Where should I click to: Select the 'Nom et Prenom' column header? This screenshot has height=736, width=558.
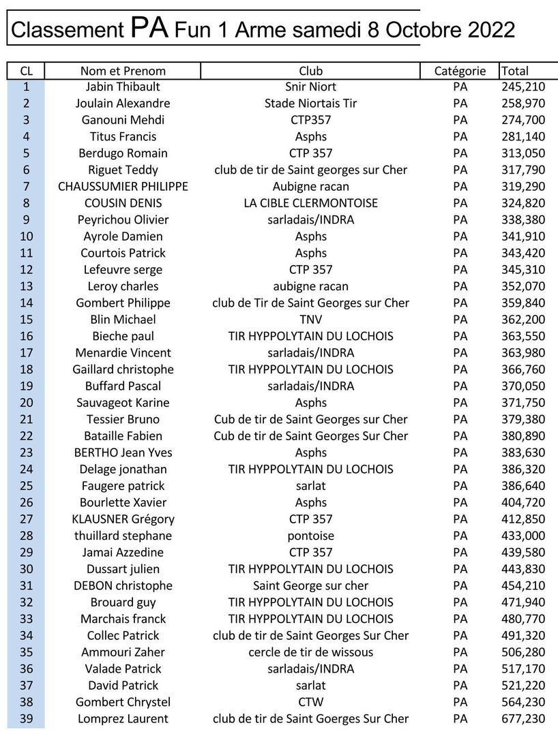tap(123, 71)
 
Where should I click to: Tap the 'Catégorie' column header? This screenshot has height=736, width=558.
tap(460, 71)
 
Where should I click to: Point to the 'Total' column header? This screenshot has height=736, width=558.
tap(515, 71)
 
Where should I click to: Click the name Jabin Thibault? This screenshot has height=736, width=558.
tap(123, 87)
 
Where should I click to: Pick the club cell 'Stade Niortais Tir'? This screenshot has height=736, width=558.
tap(310, 104)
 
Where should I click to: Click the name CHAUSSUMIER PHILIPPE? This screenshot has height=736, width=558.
tap(123, 187)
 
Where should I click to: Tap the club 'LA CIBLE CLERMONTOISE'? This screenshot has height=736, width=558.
tap(310, 203)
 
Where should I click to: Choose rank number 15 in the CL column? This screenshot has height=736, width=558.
tap(26, 320)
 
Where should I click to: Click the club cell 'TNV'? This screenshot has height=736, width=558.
tap(310, 320)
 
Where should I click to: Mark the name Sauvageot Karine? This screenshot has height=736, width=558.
tap(123, 403)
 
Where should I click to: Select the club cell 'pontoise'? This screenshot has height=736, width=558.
tap(310, 536)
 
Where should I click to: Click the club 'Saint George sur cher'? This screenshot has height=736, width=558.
tap(310, 585)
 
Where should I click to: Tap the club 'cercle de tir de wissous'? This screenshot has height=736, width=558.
tap(310, 652)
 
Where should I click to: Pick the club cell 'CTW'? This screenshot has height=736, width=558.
tap(310, 702)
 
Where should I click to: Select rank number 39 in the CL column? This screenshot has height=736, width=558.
tap(26, 718)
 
